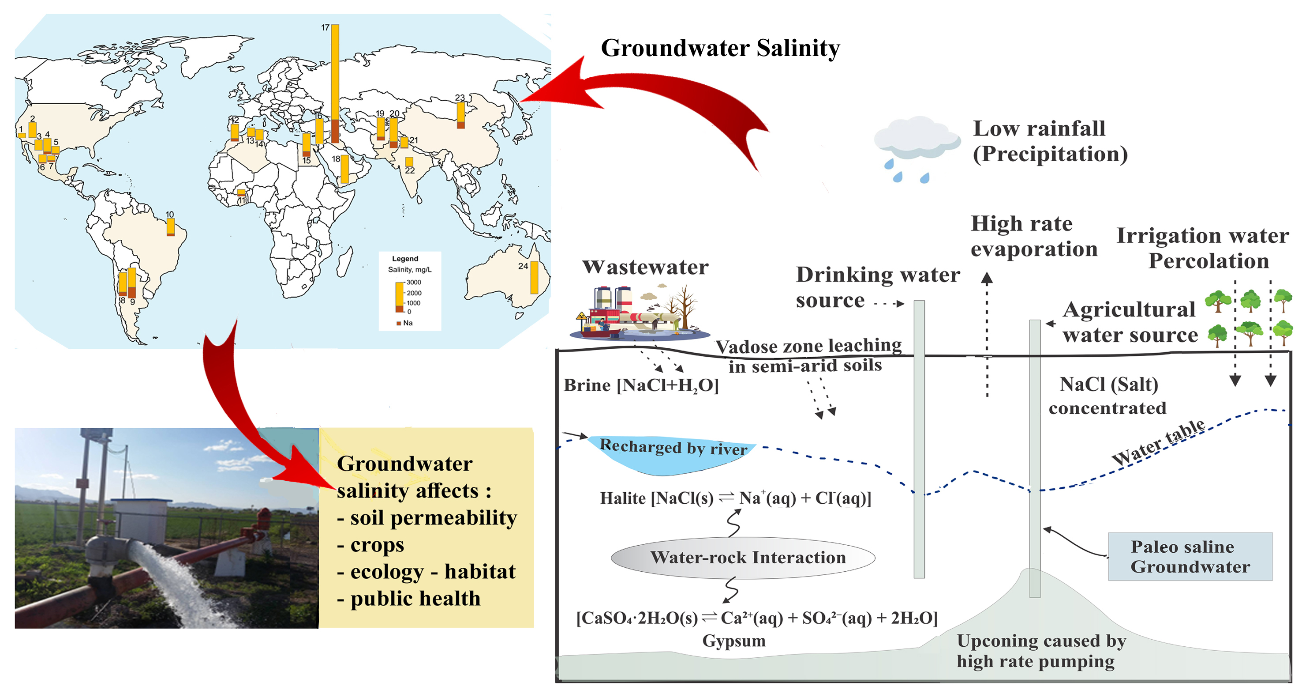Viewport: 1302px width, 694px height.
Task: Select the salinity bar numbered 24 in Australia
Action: point(534,277)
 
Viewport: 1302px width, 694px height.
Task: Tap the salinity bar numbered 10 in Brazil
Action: point(171,226)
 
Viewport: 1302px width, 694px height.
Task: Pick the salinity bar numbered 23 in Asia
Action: point(460,115)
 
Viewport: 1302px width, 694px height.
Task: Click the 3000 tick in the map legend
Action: point(413,282)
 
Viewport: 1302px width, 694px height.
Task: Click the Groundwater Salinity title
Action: point(720,49)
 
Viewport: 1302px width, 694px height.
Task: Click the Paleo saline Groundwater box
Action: point(1190,556)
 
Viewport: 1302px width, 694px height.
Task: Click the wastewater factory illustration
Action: point(640,313)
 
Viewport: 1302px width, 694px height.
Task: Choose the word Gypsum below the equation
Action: point(733,641)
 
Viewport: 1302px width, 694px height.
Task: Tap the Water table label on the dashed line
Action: point(1158,443)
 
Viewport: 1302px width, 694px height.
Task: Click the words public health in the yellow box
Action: point(415,598)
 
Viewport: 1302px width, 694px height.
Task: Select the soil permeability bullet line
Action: point(427,517)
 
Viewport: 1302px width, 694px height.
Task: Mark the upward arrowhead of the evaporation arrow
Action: point(987,278)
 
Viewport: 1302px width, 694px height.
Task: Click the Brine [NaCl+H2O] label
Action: point(641,385)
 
